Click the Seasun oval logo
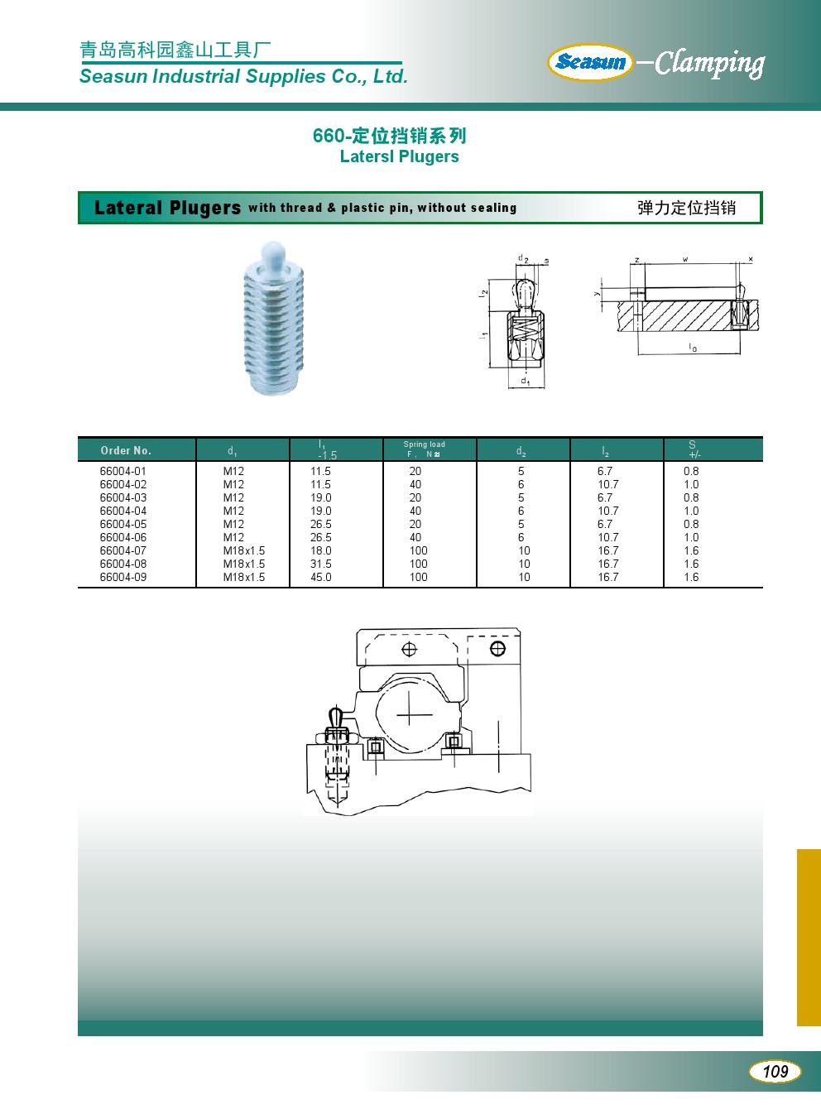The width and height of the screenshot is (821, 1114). pos(590,62)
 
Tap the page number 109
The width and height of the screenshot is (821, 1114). pos(775,1071)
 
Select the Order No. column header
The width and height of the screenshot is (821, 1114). pos(126,450)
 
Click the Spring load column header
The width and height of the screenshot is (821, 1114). pos(424,449)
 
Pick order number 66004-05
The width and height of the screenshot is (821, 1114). pos(123,524)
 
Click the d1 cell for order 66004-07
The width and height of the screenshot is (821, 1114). pos(244,550)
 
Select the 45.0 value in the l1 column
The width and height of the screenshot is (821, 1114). pos(321,577)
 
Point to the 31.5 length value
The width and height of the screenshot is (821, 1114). pos(321,564)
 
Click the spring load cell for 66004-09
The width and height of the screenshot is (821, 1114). pos(419,577)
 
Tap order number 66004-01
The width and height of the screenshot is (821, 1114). pos(123,471)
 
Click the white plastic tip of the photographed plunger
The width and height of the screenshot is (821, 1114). pos(272,254)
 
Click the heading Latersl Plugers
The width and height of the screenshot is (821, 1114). pos(399,156)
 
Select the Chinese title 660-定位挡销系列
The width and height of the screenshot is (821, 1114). pos(389,136)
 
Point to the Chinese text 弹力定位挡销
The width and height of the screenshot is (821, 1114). pos(686,208)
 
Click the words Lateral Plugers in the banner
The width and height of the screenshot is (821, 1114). pos(167,208)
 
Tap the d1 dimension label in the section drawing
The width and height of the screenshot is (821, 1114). pos(526,382)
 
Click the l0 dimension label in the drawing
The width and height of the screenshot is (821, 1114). pos(693,348)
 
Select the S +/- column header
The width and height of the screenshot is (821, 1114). pos(694,449)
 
